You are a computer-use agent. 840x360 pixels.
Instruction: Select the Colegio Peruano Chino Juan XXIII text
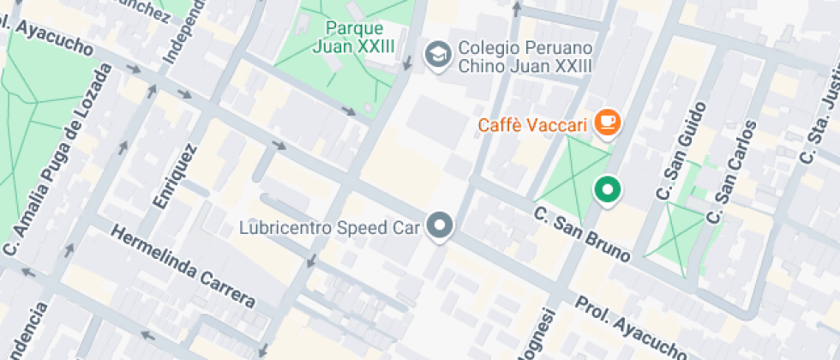525,57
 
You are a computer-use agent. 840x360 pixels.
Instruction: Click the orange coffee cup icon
609,122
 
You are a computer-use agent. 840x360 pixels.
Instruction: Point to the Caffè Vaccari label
532,127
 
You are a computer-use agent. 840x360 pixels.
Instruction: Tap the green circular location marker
608,189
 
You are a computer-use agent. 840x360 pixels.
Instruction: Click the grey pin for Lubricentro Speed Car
441,226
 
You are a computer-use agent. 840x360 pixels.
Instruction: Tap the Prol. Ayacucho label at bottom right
630,328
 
